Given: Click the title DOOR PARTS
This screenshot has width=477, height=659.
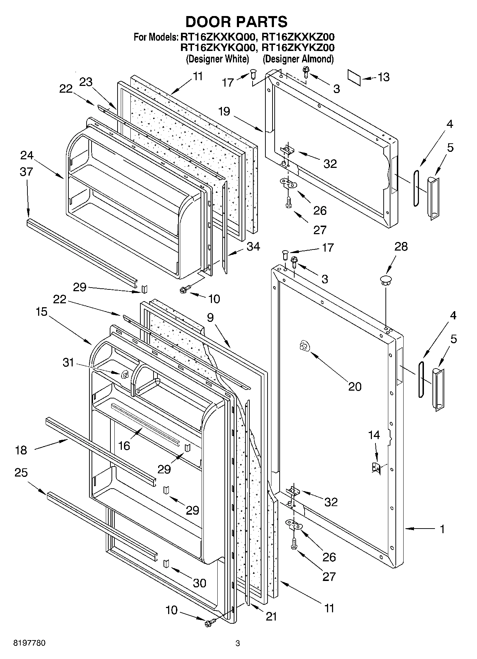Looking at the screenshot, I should click(x=236, y=22).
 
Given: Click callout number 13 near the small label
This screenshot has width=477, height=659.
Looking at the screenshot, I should click(x=383, y=77).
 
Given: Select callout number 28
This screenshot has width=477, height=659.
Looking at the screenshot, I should click(x=401, y=247).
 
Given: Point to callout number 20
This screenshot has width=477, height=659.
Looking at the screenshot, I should click(x=355, y=386).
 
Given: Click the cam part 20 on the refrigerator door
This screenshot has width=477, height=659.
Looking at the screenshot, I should click(x=304, y=345).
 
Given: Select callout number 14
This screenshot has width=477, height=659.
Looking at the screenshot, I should click(x=374, y=435).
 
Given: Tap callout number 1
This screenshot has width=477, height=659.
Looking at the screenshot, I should click(x=442, y=529).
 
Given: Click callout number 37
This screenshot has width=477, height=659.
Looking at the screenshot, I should click(x=26, y=172).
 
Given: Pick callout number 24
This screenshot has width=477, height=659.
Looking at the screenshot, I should click(x=27, y=155).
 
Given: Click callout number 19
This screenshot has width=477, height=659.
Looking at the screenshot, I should click(x=224, y=112).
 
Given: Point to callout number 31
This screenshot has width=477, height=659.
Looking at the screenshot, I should click(x=68, y=362).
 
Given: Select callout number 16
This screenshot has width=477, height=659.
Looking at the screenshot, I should click(x=124, y=445).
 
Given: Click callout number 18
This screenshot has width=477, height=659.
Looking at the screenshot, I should click(x=21, y=450).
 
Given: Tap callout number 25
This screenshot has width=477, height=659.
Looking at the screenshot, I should click(x=21, y=473).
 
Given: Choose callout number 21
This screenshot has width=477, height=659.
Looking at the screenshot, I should click(x=271, y=617).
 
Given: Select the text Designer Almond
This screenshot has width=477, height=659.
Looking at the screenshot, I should click(x=298, y=59).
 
